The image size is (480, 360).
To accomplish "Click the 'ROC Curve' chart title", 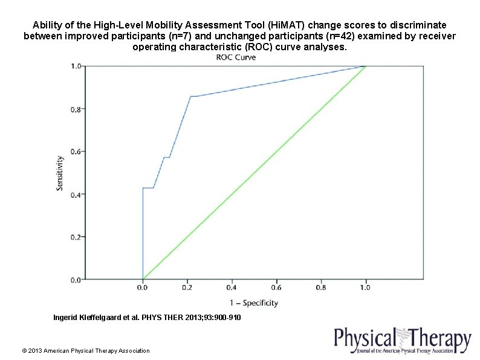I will [x=236, y=57].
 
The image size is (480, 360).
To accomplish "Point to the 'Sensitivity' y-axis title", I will [x=60, y=173].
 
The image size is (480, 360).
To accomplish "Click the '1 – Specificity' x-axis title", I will [x=254, y=303].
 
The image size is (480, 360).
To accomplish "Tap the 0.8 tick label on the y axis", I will [x=75, y=109].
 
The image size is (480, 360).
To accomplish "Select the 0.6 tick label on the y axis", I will [x=75, y=151].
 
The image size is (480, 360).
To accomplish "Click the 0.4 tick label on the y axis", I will [x=75, y=194].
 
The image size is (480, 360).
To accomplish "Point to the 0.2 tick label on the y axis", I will [x=75, y=237].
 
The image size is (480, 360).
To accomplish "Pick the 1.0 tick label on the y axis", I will [x=75, y=66].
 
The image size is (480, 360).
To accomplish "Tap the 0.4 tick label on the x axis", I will [x=232, y=289].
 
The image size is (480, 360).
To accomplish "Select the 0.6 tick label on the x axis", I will [x=277, y=289].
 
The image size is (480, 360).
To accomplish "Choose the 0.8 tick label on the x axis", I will [x=321, y=289].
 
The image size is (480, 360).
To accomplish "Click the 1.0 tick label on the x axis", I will [x=366, y=289].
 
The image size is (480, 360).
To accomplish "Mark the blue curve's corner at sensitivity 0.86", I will [x=190, y=96].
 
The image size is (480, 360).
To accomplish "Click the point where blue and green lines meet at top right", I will [x=366, y=66].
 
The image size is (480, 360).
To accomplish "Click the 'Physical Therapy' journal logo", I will [x=403, y=341].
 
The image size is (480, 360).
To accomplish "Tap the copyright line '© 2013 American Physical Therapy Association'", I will [x=85, y=350].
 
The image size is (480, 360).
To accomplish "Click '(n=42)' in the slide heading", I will [x=335, y=36].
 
